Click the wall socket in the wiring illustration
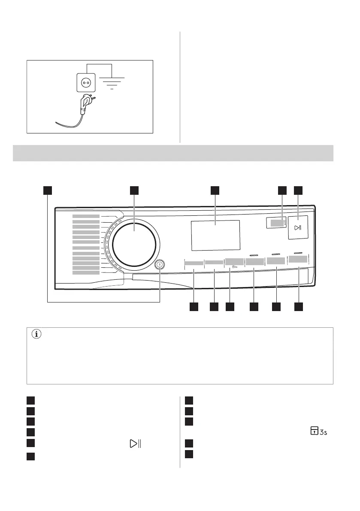click(x=86, y=82)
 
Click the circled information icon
click(x=36, y=334)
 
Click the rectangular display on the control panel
click(x=216, y=235)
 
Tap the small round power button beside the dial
click(x=160, y=264)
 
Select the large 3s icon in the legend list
click(x=319, y=431)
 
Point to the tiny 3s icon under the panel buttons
click(x=235, y=267)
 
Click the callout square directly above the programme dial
click(x=134, y=190)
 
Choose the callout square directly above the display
click(x=215, y=190)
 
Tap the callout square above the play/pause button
click(x=298, y=190)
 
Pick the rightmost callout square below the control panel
click(x=298, y=307)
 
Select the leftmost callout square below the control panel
click(x=194, y=307)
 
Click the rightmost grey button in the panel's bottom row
click(x=298, y=260)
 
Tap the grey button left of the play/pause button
click(x=277, y=223)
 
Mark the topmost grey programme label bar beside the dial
click(x=86, y=216)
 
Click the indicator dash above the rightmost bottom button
click(x=298, y=253)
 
